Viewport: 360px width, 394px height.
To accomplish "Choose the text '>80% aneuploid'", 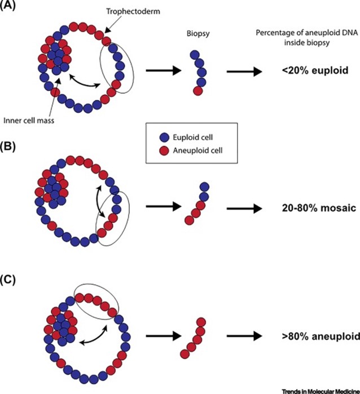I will [x=313, y=336].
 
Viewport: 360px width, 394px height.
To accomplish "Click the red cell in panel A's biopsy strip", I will [x=198, y=90].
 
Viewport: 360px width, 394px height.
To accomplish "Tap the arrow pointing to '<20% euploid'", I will [x=246, y=72].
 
